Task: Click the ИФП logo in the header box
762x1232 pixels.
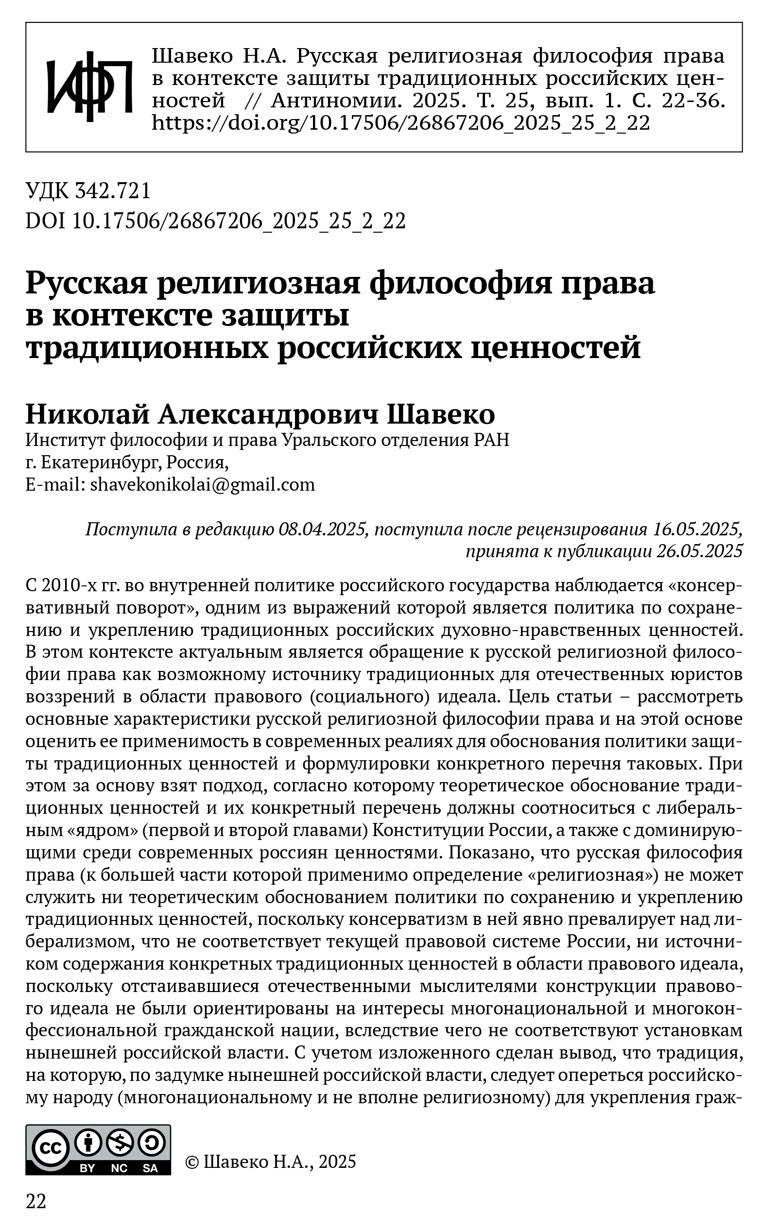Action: (x=89, y=86)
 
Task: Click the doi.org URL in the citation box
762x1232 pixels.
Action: (x=400, y=123)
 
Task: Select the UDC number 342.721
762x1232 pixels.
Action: (x=113, y=191)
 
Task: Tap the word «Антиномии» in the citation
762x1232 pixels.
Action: (x=337, y=101)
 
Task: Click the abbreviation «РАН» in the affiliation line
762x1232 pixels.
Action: (x=492, y=440)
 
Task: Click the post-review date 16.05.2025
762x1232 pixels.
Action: (x=697, y=530)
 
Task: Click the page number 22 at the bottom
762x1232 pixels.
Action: (x=36, y=1201)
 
